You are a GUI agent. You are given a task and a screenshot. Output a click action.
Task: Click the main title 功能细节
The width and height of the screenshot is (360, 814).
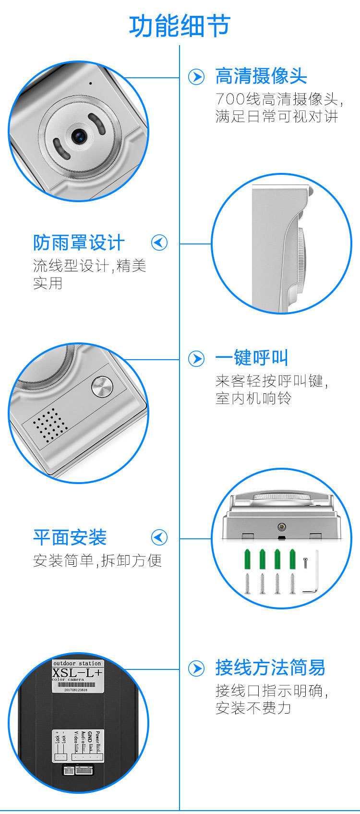(180, 26)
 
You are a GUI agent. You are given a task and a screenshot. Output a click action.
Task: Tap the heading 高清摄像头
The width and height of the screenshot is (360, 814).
(261, 76)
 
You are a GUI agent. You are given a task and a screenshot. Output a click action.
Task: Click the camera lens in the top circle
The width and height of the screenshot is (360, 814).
(79, 136)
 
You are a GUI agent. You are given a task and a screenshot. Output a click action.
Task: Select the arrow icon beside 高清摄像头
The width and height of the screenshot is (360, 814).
(196, 77)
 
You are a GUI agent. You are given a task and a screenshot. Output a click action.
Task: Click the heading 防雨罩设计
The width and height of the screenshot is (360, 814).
(79, 243)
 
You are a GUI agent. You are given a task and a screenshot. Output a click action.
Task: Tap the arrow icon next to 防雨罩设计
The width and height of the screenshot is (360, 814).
(159, 243)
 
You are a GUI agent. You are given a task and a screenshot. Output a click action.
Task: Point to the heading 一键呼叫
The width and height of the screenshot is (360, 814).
(252, 358)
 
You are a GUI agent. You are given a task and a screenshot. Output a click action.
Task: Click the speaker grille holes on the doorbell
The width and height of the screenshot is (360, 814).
(50, 424)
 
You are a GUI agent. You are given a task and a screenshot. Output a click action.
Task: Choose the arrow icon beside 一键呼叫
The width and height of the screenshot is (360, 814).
(196, 358)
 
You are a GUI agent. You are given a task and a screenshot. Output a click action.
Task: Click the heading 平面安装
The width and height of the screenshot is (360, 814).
(70, 537)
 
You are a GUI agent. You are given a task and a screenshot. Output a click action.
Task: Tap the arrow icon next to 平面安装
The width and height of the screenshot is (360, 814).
(159, 537)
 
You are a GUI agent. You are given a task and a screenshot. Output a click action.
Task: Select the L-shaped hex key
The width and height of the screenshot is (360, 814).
(312, 574)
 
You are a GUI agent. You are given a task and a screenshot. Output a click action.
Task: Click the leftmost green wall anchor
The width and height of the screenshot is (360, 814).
(248, 559)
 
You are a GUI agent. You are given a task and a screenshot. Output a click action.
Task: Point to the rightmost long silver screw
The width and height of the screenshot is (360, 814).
(292, 583)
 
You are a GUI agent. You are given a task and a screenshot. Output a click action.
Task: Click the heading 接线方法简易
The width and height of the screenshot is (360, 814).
(270, 668)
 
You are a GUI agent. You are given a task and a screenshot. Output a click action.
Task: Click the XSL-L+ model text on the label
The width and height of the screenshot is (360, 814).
(77, 673)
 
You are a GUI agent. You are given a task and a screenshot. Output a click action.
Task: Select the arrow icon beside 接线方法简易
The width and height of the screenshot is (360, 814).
(196, 668)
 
